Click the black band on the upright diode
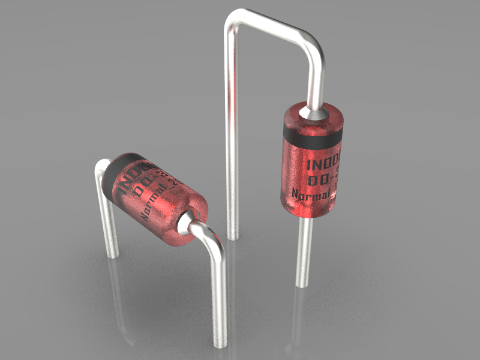tap(312, 136)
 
